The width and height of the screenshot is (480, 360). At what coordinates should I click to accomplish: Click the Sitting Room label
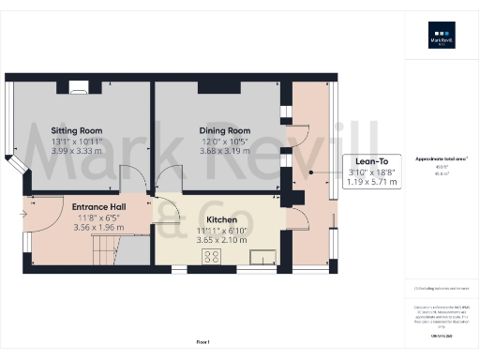click(78, 130)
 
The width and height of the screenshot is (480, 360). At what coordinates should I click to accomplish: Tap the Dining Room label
click(224, 130)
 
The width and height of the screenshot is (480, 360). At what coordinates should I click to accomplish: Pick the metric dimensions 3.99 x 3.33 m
click(78, 151)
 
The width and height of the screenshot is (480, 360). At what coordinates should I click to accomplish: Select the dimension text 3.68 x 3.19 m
click(224, 151)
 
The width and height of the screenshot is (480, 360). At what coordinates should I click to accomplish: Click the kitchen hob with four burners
click(211, 255)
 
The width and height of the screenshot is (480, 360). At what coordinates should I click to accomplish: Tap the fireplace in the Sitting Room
click(79, 88)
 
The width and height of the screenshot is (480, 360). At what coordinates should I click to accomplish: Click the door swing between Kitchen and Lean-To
click(300, 221)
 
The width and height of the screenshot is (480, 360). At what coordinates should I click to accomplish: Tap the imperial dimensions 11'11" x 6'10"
click(221, 230)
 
